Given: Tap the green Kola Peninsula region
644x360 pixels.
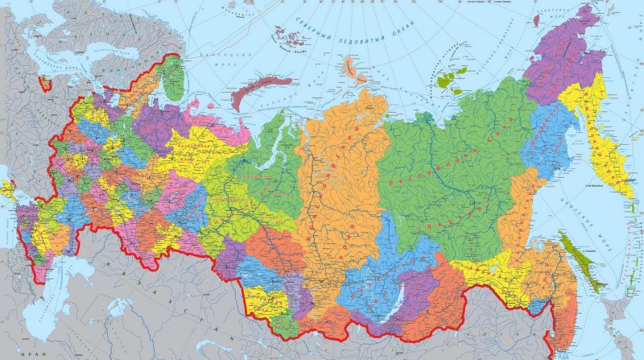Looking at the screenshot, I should pyautogui.click(x=171, y=74).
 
